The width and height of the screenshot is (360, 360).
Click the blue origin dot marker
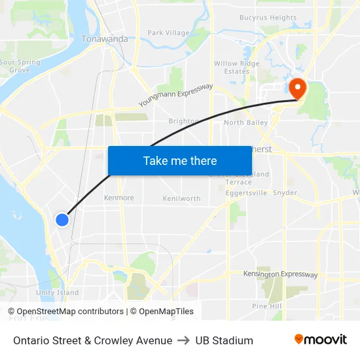click(62, 220)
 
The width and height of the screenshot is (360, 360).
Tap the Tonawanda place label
click(105, 39)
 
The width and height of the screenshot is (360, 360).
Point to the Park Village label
click(168, 33)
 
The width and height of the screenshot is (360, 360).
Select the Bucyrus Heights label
click(268, 18)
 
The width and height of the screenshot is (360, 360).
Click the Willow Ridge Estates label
click(236, 68)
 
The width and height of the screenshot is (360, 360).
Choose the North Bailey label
click(245, 122)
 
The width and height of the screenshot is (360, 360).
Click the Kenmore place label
click(119, 198)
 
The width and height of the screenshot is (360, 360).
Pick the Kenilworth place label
click(181, 198)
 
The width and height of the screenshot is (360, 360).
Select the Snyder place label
click(285, 193)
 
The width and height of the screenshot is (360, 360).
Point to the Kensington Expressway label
click(280, 274)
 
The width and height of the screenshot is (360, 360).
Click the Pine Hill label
click(266, 306)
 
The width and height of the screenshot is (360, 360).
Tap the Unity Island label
click(58, 293)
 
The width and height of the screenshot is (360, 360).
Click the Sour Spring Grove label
click(20, 66)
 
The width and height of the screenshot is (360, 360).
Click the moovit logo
click(321, 340)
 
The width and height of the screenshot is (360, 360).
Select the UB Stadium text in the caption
click(224, 340)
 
